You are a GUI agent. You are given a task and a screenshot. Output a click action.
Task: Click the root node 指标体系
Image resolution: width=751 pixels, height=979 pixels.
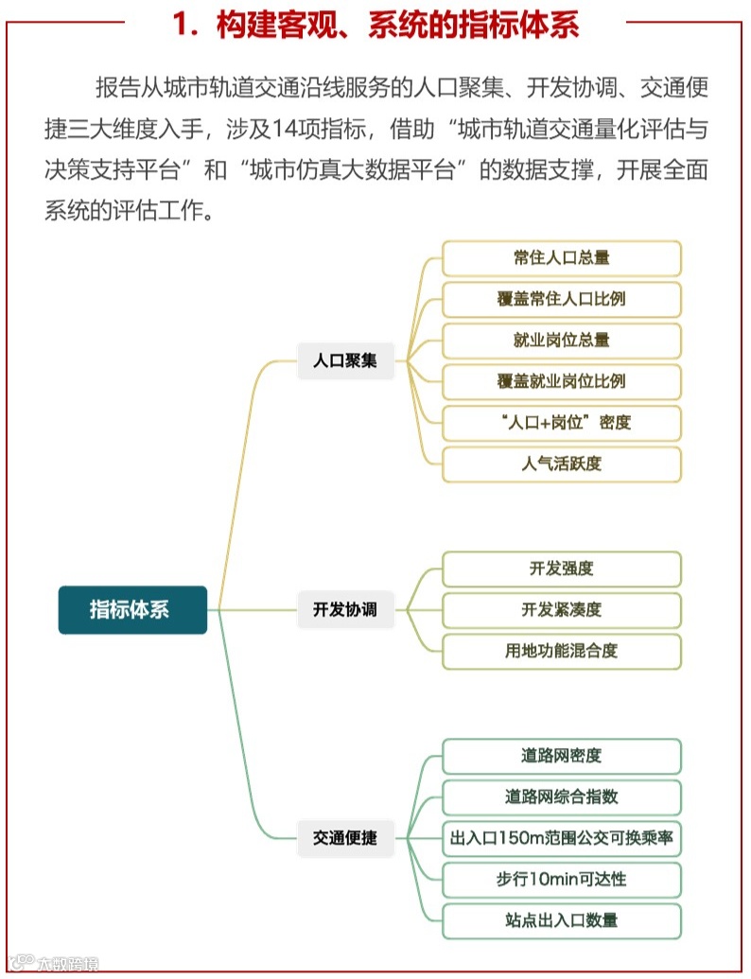click(x=132, y=609)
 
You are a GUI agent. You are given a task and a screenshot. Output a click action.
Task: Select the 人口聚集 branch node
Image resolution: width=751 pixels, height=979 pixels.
click(x=345, y=360)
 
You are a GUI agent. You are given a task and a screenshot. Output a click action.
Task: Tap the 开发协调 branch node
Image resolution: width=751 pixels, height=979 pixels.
click(x=345, y=609)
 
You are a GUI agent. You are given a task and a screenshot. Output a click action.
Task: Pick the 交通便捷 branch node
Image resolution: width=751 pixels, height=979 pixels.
click(x=345, y=838)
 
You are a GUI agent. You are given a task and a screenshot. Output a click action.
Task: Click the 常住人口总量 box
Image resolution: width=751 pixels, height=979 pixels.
click(x=562, y=258)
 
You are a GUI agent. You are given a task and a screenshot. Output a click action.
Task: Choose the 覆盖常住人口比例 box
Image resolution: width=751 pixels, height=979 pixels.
click(x=562, y=299)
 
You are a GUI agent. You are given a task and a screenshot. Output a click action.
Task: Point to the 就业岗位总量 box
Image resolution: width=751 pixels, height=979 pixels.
click(x=562, y=341)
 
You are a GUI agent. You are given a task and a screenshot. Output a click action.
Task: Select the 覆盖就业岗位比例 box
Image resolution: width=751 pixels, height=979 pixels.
click(x=562, y=381)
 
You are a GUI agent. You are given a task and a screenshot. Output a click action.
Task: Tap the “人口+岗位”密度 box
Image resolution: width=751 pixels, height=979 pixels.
click(x=562, y=423)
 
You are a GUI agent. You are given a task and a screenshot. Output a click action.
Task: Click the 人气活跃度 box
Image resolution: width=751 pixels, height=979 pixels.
click(x=562, y=463)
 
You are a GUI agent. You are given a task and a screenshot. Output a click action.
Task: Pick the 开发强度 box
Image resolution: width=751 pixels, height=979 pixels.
click(x=562, y=568)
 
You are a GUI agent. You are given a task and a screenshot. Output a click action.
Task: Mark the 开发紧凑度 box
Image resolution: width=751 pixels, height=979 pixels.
click(x=562, y=610)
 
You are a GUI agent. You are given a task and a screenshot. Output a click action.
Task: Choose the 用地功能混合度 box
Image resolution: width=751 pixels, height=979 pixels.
click(x=562, y=651)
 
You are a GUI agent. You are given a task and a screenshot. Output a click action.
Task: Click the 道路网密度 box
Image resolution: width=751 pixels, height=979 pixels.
click(x=562, y=756)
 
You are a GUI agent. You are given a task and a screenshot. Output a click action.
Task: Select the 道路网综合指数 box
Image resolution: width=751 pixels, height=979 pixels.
click(x=562, y=796)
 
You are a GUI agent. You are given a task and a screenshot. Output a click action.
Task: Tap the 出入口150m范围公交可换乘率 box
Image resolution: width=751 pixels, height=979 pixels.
click(x=562, y=838)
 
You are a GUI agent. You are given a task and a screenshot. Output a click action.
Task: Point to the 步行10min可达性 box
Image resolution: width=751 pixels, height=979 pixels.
click(x=562, y=879)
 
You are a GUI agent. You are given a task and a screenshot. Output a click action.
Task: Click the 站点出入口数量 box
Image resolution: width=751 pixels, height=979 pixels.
click(x=562, y=920)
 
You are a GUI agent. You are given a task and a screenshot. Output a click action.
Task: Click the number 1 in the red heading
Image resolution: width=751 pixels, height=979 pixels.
click(x=182, y=26)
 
